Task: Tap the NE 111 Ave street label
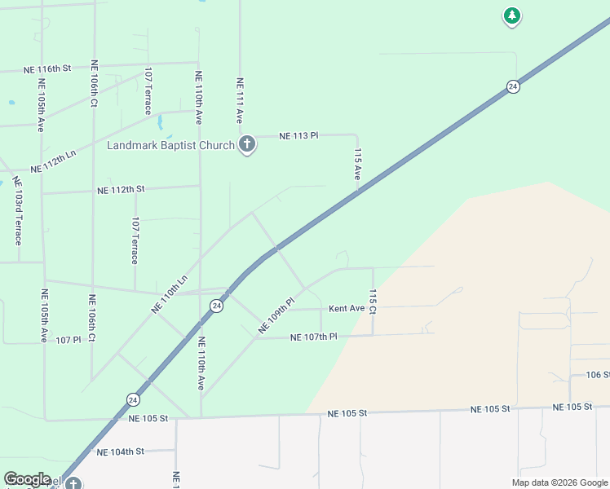pyautogui.click(x=241, y=100)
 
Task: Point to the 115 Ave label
pyautogui.click(x=357, y=164)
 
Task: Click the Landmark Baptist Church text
pyautogui.click(x=170, y=146)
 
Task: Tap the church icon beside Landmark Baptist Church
pyautogui.click(x=247, y=145)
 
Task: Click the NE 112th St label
pyautogui.click(x=121, y=189)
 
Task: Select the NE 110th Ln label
pyautogui.click(x=169, y=293)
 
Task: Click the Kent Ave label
pyautogui.click(x=347, y=309)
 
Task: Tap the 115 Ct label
pyautogui.click(x=373, y=302)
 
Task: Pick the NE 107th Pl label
pyautogui.click(x=313, y=337)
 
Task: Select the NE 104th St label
pyautogui.click(x=120, y=451)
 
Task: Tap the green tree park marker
pyautogui.click(x=511, y=15)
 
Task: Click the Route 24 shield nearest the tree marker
pyautogui.click(x=512, y=86)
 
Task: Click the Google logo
pyautogui.click(x=27, y=478)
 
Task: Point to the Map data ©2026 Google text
pyautogui.click(x=559, y=482)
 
